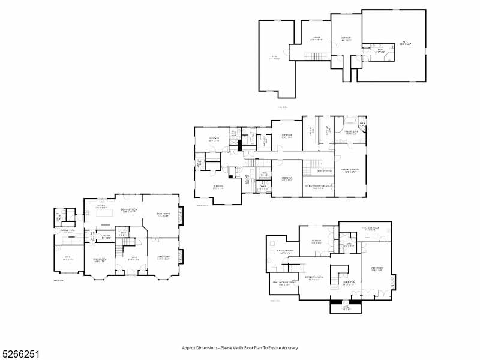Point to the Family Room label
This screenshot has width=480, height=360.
tap(164, 215)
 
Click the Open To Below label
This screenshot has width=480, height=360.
tap(317, 171)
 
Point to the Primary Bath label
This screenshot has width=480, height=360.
tap(350, 133)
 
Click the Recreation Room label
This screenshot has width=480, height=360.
tap(314, 278)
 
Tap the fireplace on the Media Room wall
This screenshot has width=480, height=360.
tap(393, 280)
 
